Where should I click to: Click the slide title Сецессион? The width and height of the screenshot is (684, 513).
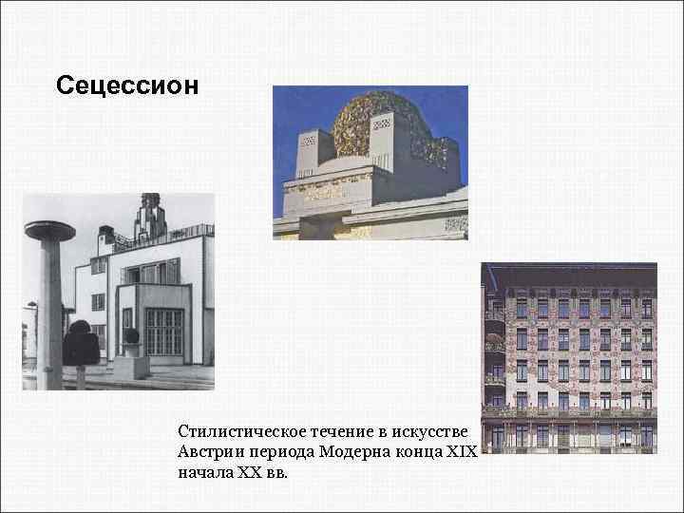pos(127,85)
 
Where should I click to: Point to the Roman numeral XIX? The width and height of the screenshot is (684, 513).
pos(459,451)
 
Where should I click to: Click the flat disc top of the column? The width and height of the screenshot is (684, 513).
pos(50,230)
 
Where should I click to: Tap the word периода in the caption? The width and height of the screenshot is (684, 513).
pos(275,451)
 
